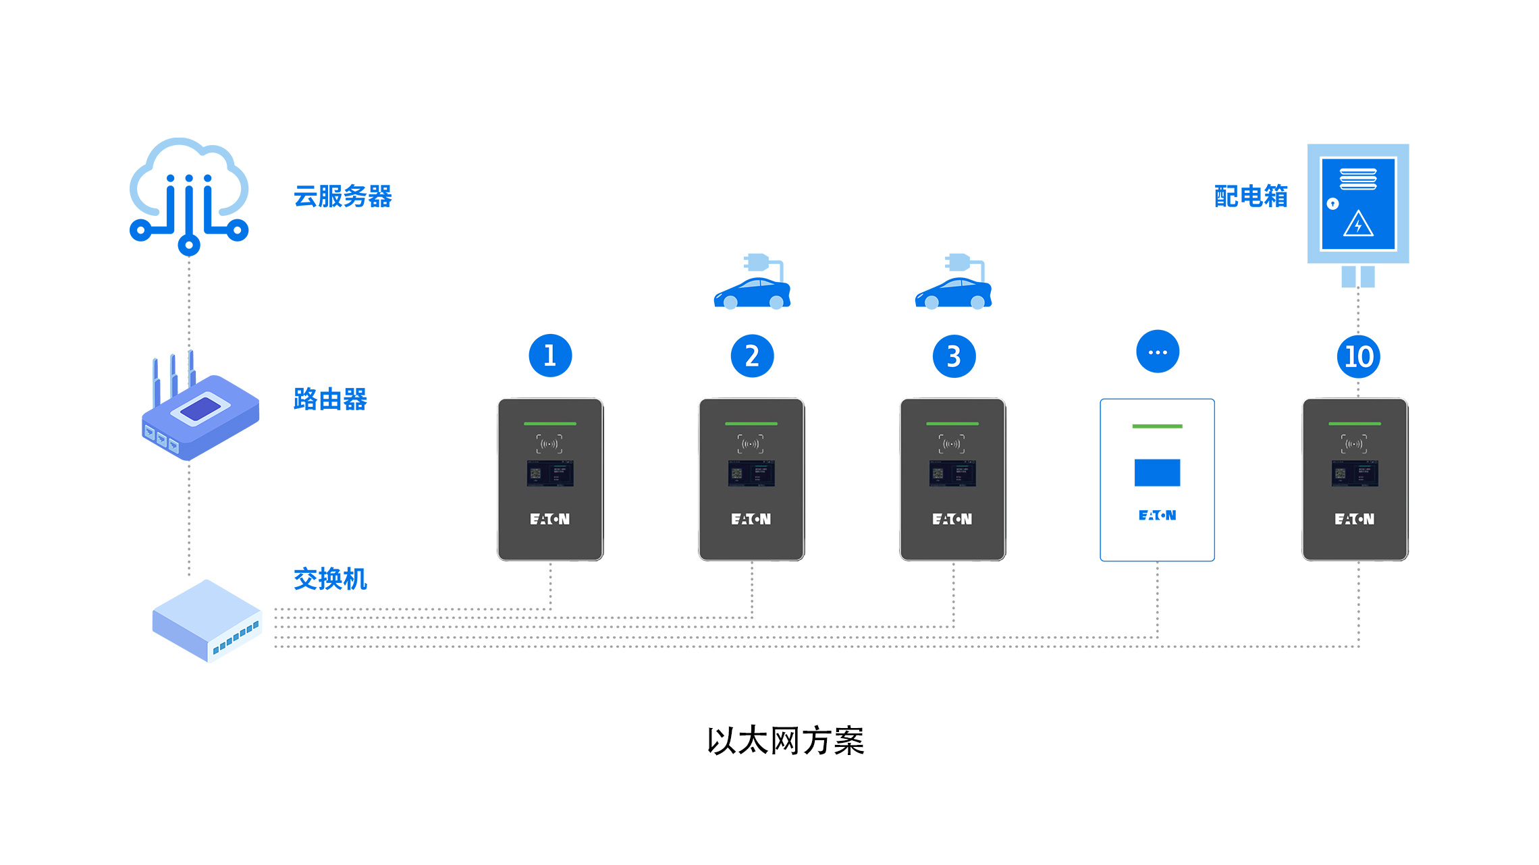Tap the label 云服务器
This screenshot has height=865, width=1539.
point(343,196)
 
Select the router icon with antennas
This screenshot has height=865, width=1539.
point(200,408)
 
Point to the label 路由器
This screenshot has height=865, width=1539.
point(330,399)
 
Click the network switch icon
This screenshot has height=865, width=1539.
point(207,621)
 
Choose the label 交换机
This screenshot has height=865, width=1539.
point(330,579)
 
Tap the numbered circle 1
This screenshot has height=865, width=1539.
point(550,356)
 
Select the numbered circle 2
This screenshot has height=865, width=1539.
point(752,356)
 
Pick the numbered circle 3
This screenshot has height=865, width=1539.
point(954,356)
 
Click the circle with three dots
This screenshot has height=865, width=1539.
point(1158,352)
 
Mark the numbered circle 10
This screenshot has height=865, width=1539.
point(1358,356)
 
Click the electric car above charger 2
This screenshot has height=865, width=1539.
point(753,283)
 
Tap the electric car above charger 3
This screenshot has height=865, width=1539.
point(954,283)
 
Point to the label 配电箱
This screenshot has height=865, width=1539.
point(1251,196)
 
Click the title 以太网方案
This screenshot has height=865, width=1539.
point(785,741)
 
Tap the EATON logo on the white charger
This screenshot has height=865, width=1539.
point(1157,515)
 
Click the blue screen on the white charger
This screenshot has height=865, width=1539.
point(1157,472)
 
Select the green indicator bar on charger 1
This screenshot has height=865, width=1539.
point(550,424)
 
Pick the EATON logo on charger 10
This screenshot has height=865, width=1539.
point(1354,519)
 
